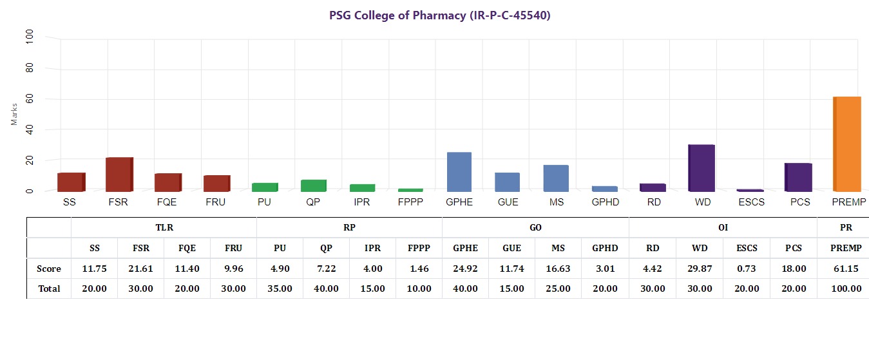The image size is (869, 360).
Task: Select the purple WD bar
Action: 702,168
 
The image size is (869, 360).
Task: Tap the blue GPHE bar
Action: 459,172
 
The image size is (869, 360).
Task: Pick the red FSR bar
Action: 119,175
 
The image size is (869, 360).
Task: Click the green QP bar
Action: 314,185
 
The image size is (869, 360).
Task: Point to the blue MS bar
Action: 556,178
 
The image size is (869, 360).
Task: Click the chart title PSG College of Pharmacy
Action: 440,15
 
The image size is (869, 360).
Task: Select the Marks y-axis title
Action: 14,115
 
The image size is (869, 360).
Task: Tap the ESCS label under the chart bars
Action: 750,202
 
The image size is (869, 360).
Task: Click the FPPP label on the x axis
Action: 410,202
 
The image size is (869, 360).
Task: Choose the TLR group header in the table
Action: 164,227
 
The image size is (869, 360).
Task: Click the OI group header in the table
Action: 723,227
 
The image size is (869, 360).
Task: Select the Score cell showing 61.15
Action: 843,269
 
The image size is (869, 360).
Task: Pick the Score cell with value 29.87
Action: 700,269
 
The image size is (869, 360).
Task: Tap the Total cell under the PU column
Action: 280,289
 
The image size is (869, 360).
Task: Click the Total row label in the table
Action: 49,289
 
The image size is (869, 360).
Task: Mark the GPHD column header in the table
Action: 605,248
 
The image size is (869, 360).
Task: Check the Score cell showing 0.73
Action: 746,269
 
